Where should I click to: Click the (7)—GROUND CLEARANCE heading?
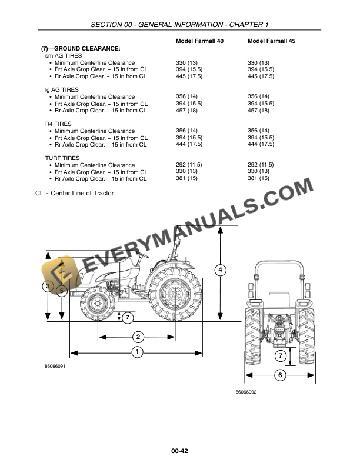tap(81, 48)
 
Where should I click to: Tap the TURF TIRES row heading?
tap(62, 158)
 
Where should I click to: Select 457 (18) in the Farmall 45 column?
tap(258, 110)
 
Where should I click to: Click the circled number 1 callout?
tap(136, 352)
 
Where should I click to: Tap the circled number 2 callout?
tap(138, 337)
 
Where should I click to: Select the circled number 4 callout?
tap(220, 270)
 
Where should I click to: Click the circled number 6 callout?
tap(280, 375)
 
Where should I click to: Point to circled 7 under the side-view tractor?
tap(129, 317)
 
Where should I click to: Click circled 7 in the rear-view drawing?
tap(281, 356)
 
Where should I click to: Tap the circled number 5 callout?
tap(61, 290)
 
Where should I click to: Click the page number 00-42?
tap(179, 451)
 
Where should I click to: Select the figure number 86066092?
tap(246, 392)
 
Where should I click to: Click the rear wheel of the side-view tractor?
tap(175, 292)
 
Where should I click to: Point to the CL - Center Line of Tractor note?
tap(75, 193)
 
